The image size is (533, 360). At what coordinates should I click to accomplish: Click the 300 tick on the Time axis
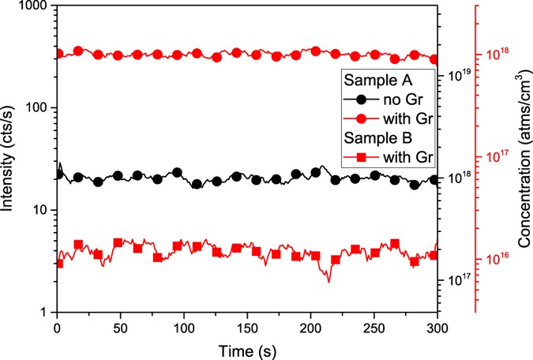[437, 326]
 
